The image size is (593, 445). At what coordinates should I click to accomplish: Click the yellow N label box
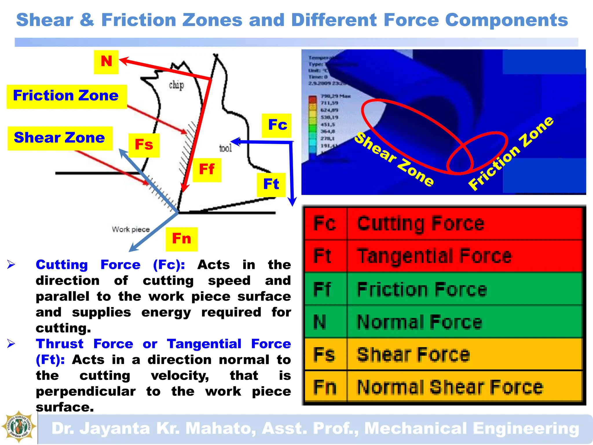[x=106, y=62]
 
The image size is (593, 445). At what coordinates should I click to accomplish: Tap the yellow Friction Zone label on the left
[x=66, y=96]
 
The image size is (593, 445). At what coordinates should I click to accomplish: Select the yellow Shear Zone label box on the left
[x=60, y=138]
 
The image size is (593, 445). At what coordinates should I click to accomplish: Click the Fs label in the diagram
[x=144, y=145]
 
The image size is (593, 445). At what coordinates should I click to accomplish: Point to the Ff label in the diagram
[x=207, y=170]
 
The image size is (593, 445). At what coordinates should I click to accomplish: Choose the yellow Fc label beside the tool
[x=277, y=125]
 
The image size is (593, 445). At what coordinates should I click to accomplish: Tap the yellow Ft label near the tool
[x=271, y=185]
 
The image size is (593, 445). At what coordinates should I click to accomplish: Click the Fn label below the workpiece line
[x=182, y=239]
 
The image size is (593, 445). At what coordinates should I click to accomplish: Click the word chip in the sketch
[x=176, y=85]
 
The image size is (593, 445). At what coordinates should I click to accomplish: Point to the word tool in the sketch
[x=226, y=148]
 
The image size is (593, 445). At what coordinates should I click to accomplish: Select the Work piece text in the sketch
[x=131, y=229]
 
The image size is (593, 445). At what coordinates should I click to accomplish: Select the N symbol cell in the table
[x=325, y=322]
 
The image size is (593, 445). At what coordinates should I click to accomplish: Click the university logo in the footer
[x=19, y=427]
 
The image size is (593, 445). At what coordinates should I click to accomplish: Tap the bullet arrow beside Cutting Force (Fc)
[x=11, y=264]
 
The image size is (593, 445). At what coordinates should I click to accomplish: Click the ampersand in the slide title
[x=87, y=20]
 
